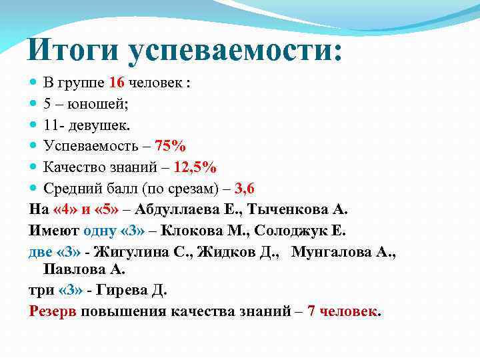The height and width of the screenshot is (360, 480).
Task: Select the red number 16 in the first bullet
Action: pyautogui.click(x=117, y=83)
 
